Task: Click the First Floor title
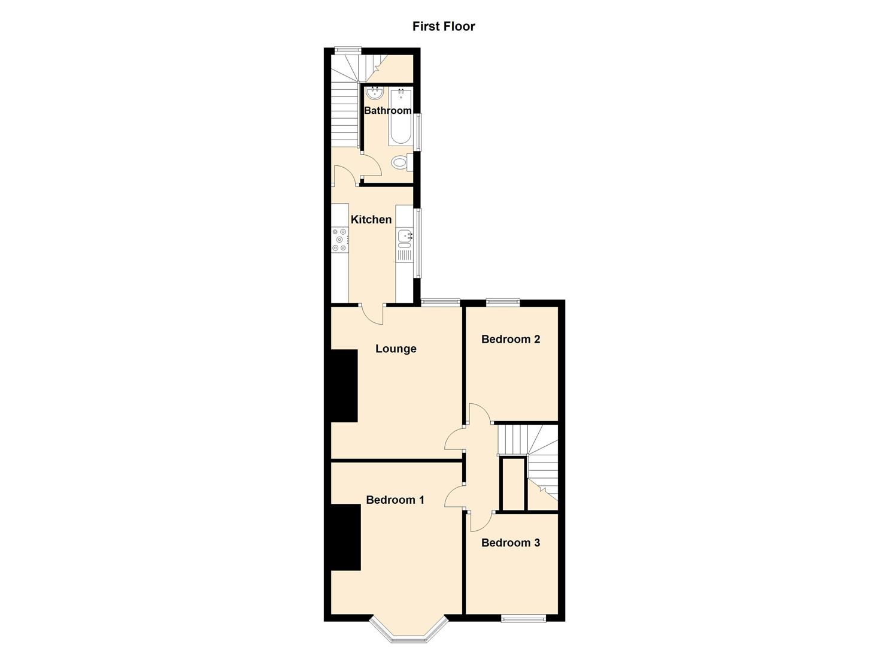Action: coord(444,26)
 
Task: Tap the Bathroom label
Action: coord(387,111)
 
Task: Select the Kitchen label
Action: coord(371,220)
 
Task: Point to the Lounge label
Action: coord(396,349)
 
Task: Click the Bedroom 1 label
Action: coord(395,500)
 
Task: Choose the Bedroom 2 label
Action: coord(511,339)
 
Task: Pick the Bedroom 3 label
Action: coord(511,543)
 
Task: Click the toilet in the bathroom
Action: coord(400,162)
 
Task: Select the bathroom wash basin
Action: coord(375,92)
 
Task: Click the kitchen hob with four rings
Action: coord(340,240)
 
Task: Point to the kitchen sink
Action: coord(405,238)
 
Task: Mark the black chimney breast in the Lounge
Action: coord(344,386)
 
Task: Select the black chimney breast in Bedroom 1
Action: coord(345,537)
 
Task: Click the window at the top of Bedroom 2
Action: coord(502,302)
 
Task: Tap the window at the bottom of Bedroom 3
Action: coord(523,618)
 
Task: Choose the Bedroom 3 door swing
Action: coord(481,521)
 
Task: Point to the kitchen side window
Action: coord(418,243)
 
